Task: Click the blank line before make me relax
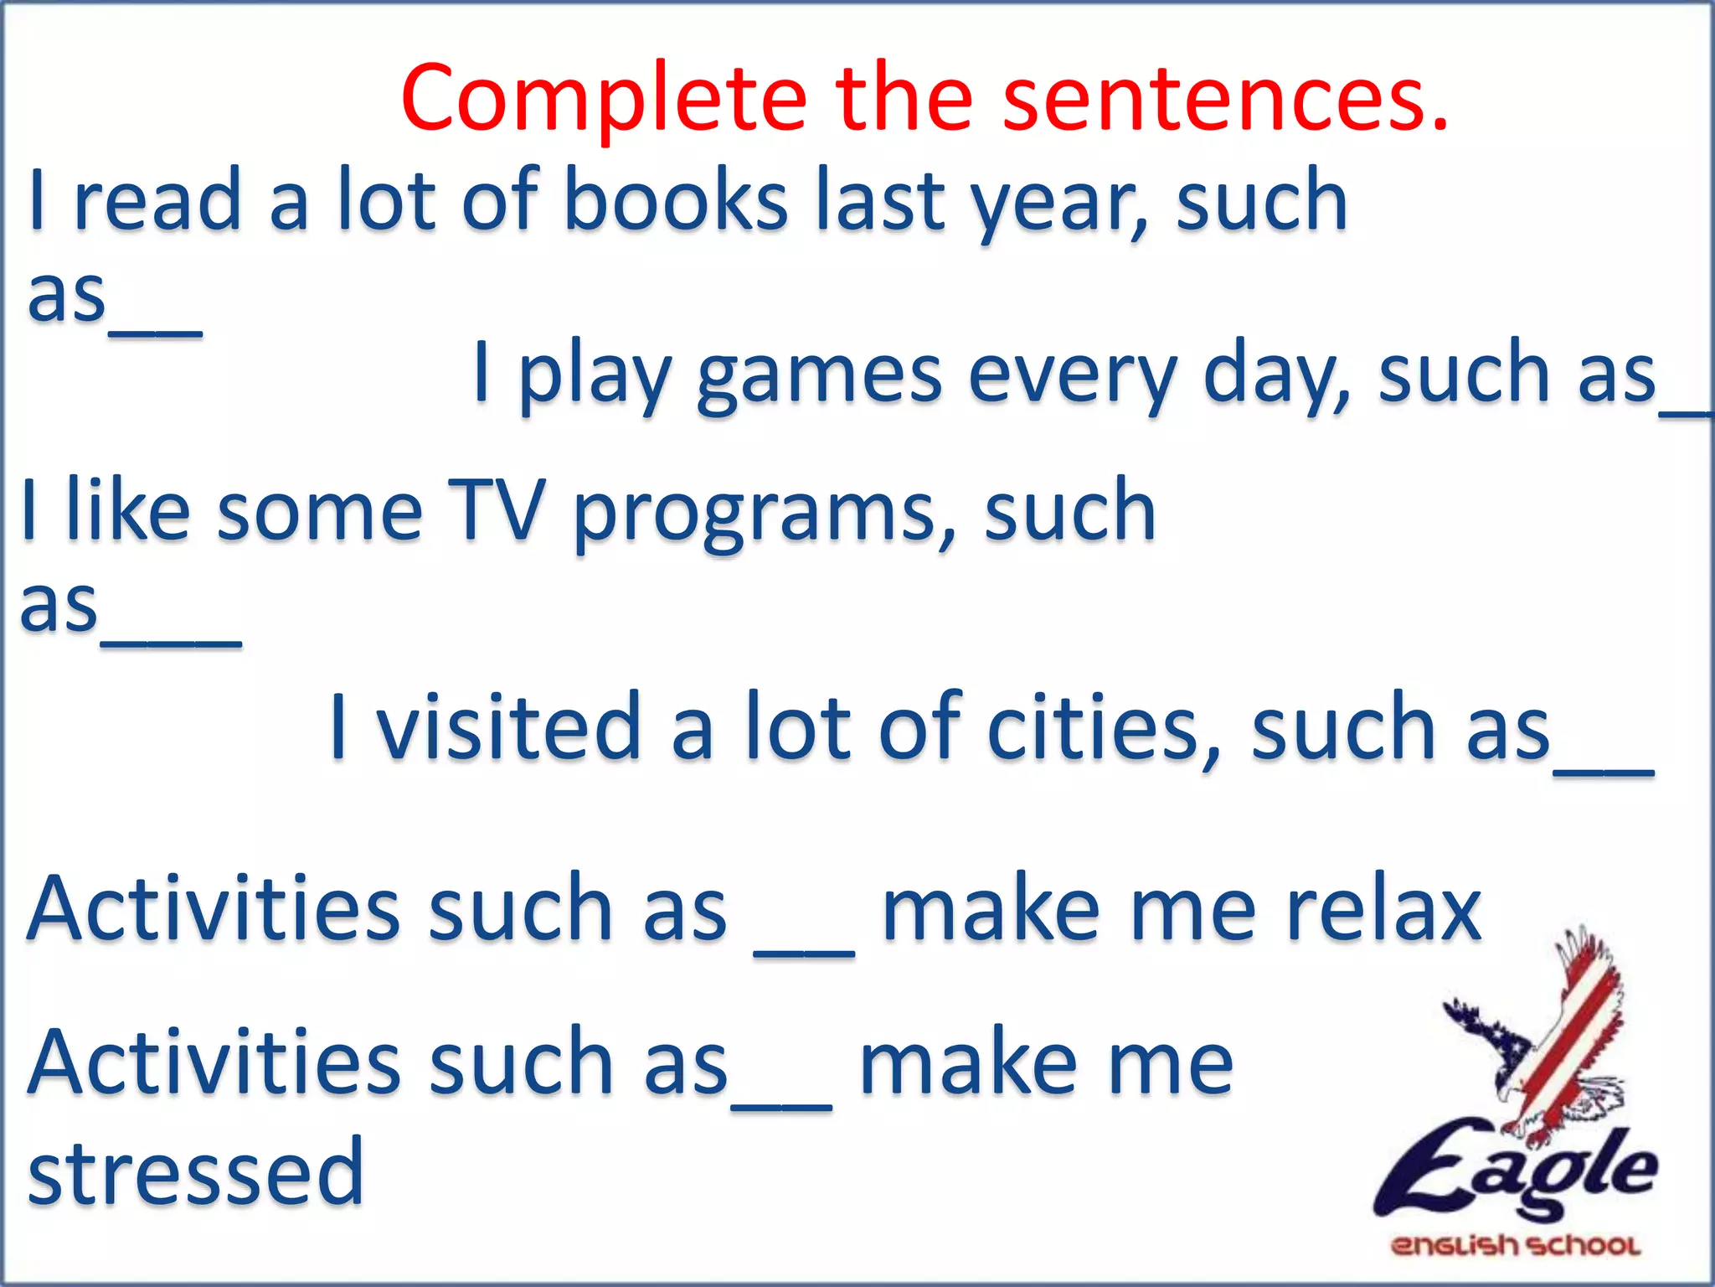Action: point(804,951)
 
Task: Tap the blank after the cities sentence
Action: point(1604,773)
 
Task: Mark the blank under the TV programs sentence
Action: point(172,641)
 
